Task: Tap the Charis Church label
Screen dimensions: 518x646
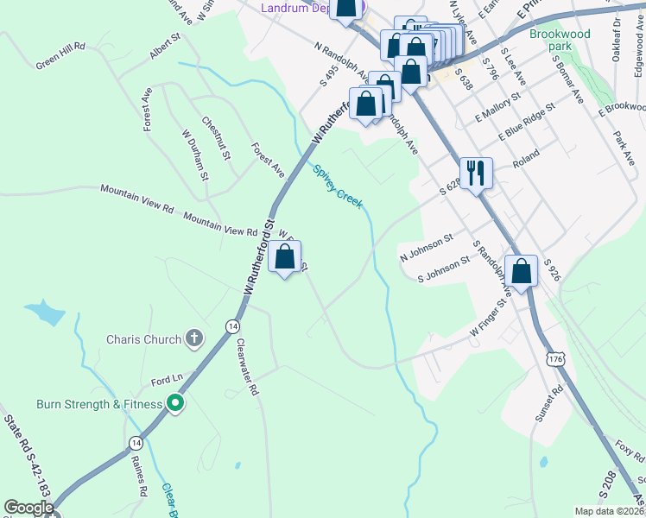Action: coord(144,339)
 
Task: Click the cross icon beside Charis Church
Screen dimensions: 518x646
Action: coord(195,338)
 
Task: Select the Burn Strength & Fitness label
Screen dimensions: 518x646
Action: coord(99,404)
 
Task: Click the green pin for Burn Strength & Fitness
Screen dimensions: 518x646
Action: coord(175,403)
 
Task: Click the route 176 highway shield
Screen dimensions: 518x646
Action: coord(554,357)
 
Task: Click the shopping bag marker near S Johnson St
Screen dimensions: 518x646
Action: coord(522,271)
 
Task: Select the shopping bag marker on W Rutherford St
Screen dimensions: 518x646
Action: coord(285,257)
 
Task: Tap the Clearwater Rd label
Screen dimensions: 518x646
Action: coord(248,366)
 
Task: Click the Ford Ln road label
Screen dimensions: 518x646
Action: coord(168,380)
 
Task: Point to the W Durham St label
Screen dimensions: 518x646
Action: coord(195,155)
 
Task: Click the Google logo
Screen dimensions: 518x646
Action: coord(28,508)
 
